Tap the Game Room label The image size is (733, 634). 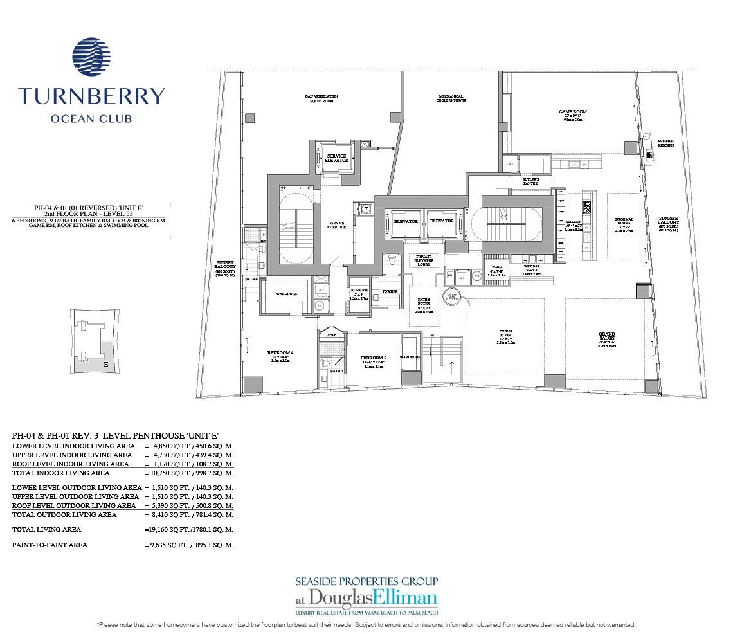(572, 112)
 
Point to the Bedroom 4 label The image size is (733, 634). (280, 352)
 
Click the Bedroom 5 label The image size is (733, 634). (373, 358)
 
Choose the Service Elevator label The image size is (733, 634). (338, 158)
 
